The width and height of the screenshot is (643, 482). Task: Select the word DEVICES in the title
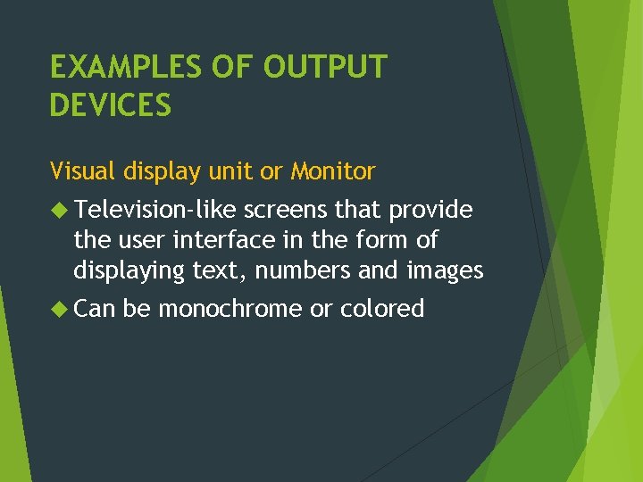click(x=111, y=105)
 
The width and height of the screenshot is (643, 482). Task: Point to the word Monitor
click(x=333, y=170)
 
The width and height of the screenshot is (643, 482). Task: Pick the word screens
click(x=286, y=210)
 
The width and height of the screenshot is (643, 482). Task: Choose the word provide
click(x=430, y=211)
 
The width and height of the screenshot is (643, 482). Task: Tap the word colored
click(x=382, y=309)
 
